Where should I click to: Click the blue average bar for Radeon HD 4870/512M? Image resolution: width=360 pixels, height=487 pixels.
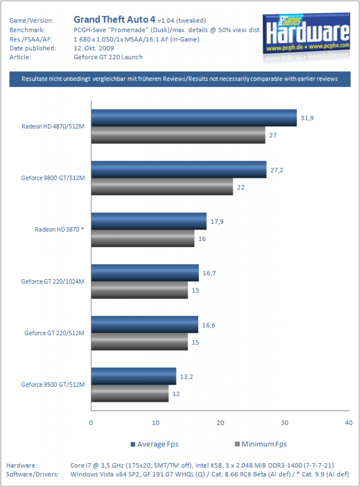194,118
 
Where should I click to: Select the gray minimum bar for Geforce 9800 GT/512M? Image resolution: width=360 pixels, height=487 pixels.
162,186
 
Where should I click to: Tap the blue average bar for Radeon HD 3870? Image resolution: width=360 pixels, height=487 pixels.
149,221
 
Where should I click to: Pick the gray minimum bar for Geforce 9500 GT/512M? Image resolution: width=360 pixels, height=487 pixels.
130,393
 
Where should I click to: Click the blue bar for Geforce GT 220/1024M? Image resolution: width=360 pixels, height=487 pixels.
145,273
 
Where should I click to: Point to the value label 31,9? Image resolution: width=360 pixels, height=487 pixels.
307,118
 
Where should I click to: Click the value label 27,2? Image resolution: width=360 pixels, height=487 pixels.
277,170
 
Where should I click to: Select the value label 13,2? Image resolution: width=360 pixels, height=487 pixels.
186,377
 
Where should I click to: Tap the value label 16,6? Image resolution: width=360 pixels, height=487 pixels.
209,325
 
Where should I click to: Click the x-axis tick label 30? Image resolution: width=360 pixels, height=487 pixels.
284,423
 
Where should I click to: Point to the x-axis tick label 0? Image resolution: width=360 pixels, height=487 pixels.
91,423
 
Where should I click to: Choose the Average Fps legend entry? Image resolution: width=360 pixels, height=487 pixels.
155,444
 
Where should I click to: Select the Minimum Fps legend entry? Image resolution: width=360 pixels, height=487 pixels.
261,444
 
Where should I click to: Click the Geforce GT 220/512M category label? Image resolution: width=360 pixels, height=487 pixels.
54,333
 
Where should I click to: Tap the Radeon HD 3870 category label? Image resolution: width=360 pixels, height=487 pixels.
59,230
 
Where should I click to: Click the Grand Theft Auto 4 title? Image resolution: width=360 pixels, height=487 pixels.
114,19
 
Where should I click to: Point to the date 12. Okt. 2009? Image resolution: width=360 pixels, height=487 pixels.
94,48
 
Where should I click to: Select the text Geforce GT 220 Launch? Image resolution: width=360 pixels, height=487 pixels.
108,57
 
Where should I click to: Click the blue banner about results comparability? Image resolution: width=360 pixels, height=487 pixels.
180,79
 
